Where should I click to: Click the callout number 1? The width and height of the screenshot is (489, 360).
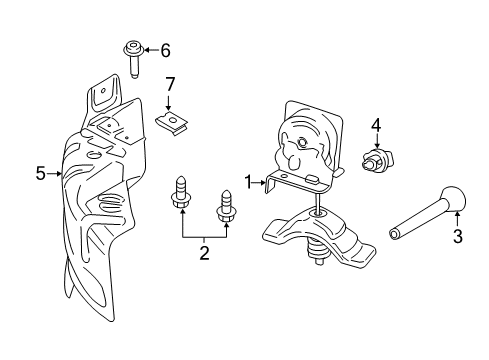click(x=248, y=181)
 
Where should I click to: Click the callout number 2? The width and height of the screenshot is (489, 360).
click(x=204, y=253)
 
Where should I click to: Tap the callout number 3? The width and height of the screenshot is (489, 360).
click(x=458, y=237)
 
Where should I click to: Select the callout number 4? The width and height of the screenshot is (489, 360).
click(x=376, y=125)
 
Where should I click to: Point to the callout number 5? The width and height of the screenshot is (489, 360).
click(x=41, y=174)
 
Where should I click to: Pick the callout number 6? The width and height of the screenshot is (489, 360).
click(x=165, y=49)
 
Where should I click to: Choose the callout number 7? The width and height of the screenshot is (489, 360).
click(x=170, y=83)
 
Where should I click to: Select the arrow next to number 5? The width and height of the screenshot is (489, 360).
click(x=56, y=174)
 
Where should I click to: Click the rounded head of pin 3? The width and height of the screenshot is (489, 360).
click(x=451, y=199)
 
